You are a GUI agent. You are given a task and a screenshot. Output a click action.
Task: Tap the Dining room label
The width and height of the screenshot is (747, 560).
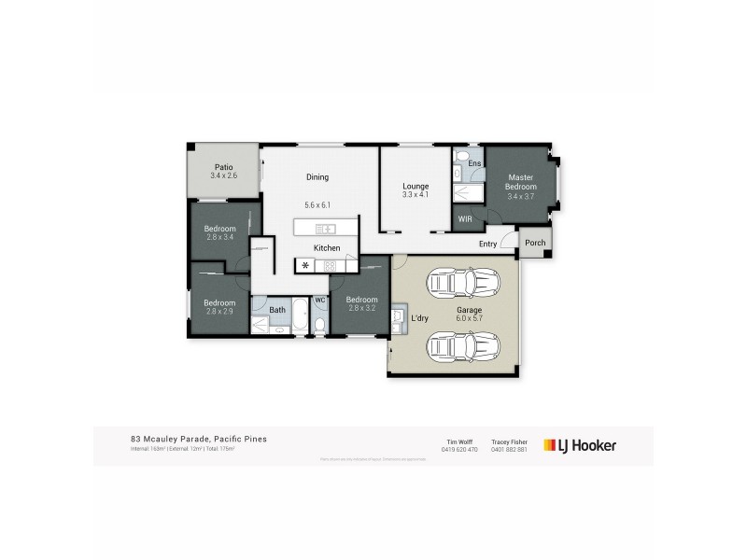[318, 177]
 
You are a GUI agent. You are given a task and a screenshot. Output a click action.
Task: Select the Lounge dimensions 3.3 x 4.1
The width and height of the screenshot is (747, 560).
[415, 194]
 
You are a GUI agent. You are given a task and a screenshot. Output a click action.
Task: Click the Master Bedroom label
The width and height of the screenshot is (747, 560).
[520, 181]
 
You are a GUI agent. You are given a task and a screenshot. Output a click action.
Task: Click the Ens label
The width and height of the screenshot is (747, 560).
[474, 163]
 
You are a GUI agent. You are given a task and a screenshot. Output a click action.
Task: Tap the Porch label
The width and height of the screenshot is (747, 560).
[534, 243]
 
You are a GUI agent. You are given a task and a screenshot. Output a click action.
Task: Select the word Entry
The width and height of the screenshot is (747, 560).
[487, 244]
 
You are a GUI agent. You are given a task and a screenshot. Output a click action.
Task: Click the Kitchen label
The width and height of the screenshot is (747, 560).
[326, 248]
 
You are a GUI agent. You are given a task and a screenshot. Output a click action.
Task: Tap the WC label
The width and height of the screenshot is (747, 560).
[319, 300]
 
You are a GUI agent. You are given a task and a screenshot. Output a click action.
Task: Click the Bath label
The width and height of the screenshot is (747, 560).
[277, 309]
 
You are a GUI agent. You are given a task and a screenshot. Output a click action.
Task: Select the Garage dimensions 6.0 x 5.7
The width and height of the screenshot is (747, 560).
[469, 317]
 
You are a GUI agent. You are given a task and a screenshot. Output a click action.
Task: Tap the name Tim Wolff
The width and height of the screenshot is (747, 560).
[458, 440]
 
